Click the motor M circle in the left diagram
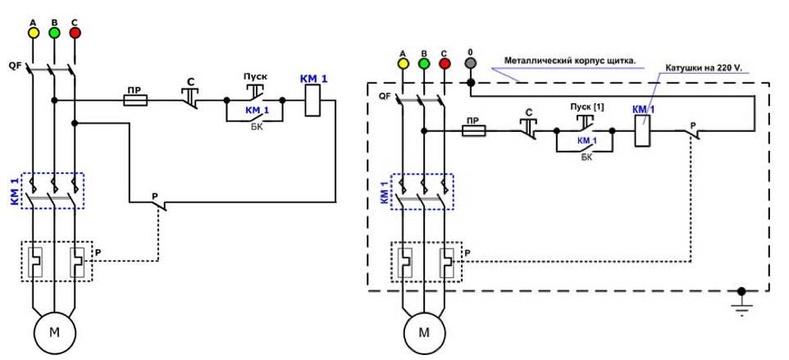click(x=53, y=333)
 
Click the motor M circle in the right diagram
click(x=424, y=333)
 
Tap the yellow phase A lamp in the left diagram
click(x=34, y=33)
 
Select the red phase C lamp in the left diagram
click(x=75, y=33)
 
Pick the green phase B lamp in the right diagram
click(x=423, y=63)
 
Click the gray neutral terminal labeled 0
click(x=470, y=63)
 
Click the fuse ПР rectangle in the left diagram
click(x=135, y=100)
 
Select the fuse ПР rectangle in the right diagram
click(x=475, y=130)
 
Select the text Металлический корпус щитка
click(x=570, y=60)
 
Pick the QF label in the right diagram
click(x=385, y=95)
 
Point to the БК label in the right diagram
click(x=586, y=156)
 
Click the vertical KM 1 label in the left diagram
click(x=14, y=190)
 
